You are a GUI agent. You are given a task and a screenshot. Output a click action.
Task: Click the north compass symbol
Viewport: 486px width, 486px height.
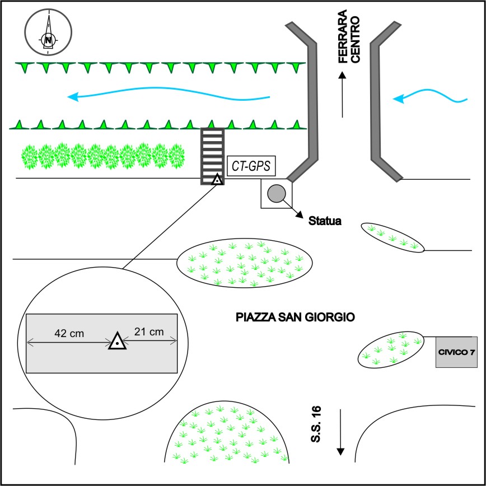pyautogui.click(x=48, y=32)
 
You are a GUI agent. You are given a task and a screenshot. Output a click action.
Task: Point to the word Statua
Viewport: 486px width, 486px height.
pyautogui.click(x=325, y=222)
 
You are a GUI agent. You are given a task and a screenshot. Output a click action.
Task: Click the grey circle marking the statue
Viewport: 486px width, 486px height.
pyautogui.click(x=276, y=194)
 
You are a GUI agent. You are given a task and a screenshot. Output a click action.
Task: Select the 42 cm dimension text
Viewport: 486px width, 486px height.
pyautogui.click(x=66, y=333)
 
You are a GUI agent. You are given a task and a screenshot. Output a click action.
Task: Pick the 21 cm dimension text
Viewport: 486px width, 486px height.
pyautogui.click(x=149, y=332)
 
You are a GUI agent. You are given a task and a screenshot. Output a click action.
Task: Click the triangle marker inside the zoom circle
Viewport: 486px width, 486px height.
pyautogui.click(x=117, y=341)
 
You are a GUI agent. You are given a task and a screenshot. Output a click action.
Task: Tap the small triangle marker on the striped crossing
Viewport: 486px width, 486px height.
pyautogui.click(x=217, y=180)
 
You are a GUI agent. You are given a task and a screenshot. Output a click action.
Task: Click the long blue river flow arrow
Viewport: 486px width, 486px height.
pyautogui.click(x=168, y=96)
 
